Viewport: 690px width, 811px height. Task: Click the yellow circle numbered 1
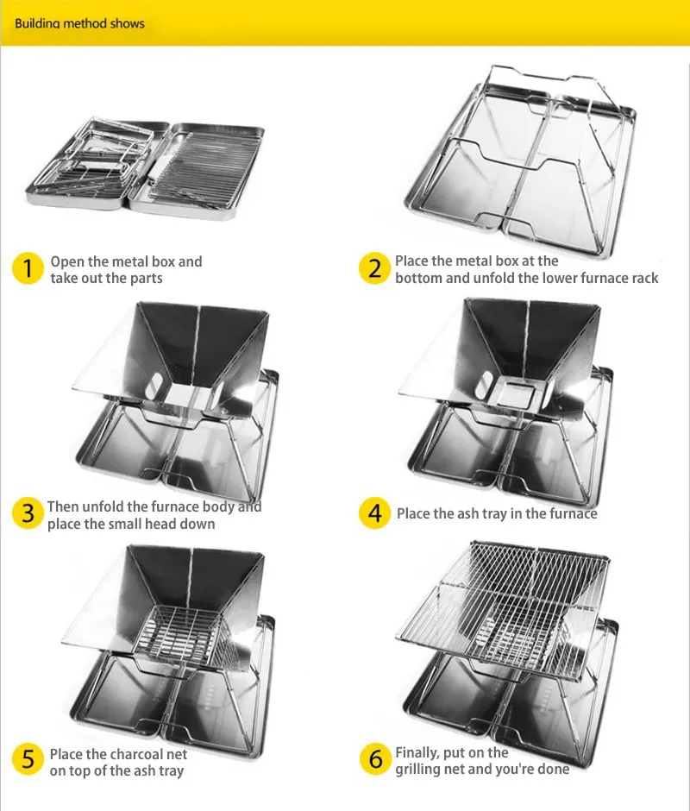[28, 268]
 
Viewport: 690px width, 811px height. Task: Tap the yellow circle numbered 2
[374, 268]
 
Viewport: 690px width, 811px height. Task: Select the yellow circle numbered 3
[28, 513]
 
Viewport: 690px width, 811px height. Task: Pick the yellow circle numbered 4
[374, 513]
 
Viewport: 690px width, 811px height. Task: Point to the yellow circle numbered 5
[28, 760]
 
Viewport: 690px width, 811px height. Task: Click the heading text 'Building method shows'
[79, 23]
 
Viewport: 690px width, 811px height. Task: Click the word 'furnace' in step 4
[572, 513]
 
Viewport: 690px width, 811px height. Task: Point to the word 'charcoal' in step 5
[139, 754]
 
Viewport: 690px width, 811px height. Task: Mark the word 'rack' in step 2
[643, 279]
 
